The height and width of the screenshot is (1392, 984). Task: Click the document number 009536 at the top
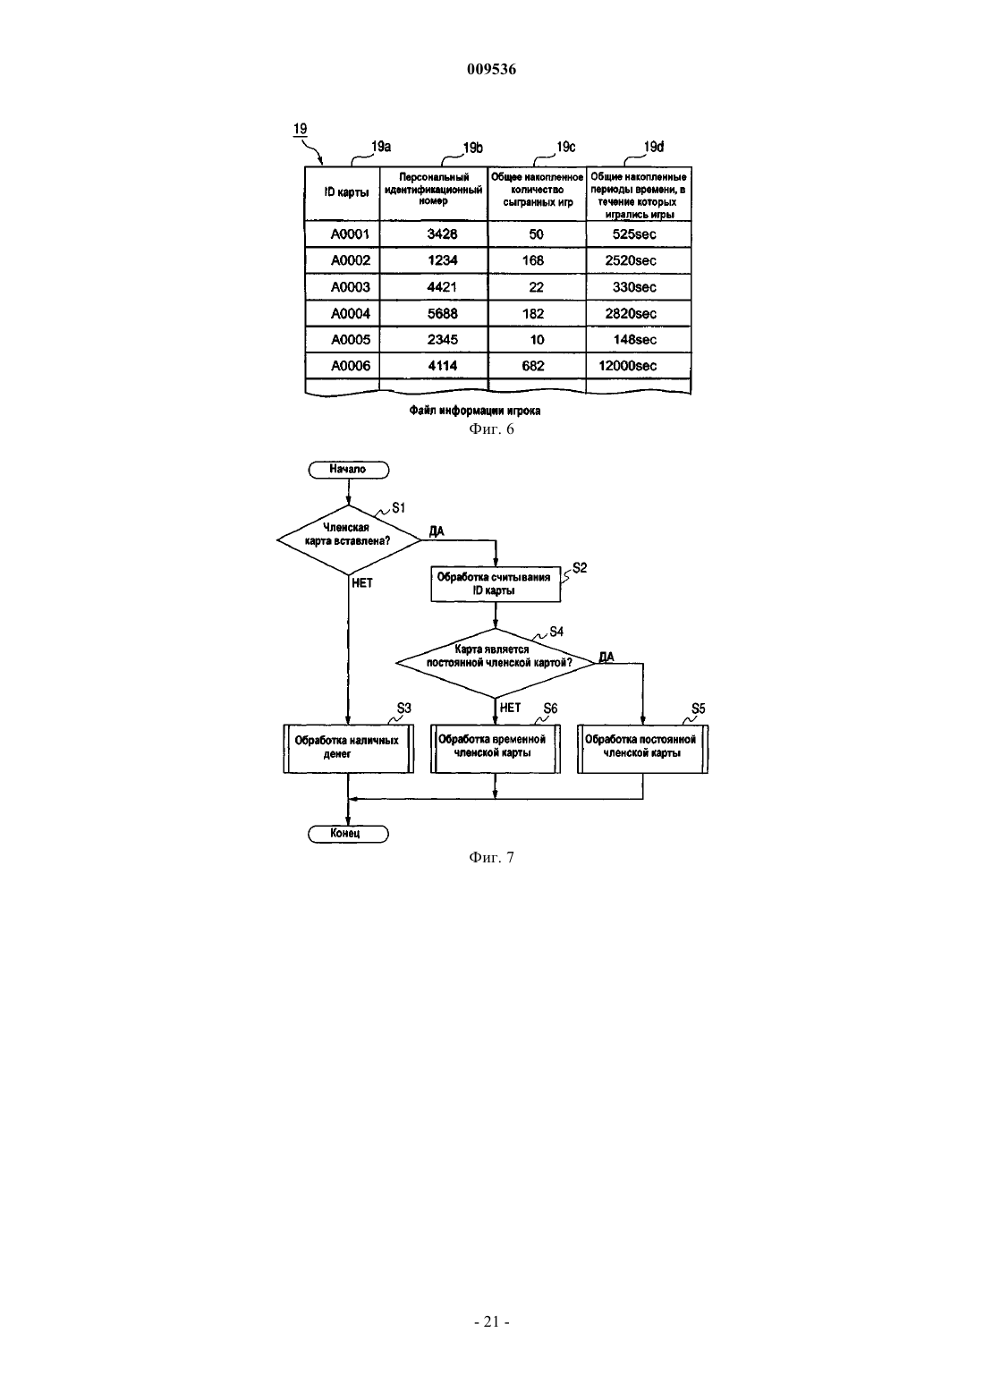tap(491, 69)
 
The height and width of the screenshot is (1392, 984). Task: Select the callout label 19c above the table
tap(565, 147)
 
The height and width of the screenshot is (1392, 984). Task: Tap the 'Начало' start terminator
tap(349, 470)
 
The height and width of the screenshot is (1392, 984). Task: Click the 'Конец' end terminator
tap(348, 834)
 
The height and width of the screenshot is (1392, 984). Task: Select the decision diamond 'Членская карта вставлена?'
tap(349, 539)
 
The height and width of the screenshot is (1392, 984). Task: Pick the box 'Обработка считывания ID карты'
tap(496, 584)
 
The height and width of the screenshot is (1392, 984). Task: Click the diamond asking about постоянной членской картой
tap(495, 662)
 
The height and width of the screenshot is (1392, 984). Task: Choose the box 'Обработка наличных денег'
tap(349, 748)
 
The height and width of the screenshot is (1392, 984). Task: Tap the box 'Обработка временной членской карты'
tap(495, 748)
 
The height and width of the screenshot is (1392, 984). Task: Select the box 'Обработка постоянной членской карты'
tap(642, 748)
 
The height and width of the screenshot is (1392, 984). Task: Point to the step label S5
tap(699, 709)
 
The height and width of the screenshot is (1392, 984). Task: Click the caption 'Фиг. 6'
tap(491, 429)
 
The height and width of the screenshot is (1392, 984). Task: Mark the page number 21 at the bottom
tap(491, 1321)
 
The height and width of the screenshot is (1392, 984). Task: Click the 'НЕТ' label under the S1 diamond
tap(361, 583)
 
